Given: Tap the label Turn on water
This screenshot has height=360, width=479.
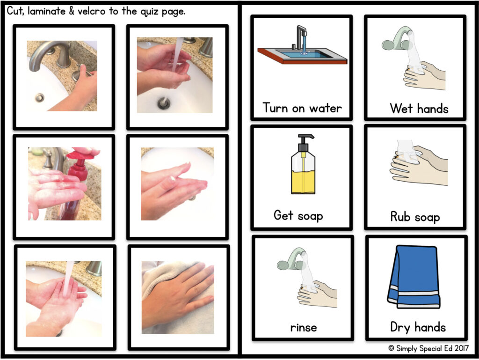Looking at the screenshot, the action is tap(302, 108).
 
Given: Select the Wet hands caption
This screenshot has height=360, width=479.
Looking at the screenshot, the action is tap(419, 109).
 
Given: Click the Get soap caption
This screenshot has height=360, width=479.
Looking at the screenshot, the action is tap(298, 215).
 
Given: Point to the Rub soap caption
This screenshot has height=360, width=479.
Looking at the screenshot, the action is tap(415, 217).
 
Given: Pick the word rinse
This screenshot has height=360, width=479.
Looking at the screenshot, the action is tap(303, 328).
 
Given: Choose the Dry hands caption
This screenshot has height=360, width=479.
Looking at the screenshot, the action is tap(418, 327).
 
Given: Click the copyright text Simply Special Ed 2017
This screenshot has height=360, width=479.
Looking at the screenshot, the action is tap(428, 348).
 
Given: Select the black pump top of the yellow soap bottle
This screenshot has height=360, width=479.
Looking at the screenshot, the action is tap(304, 143).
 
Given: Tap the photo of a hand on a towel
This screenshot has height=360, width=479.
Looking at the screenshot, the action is tap(178, 297).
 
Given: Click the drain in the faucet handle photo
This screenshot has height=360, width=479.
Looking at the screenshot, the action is tap(39, 98).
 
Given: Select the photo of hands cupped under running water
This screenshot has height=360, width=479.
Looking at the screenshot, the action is tap(175, 75).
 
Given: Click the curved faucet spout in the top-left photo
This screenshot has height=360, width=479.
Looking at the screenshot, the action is tap(46, 53).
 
